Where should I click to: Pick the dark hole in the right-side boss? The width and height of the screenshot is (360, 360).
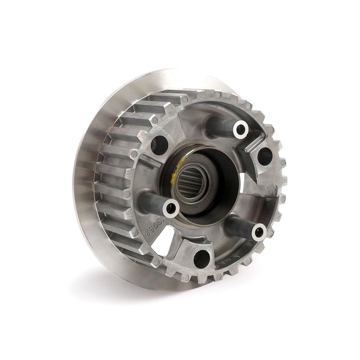[265, 156]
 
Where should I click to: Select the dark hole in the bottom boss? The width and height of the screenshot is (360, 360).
[201, 258]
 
